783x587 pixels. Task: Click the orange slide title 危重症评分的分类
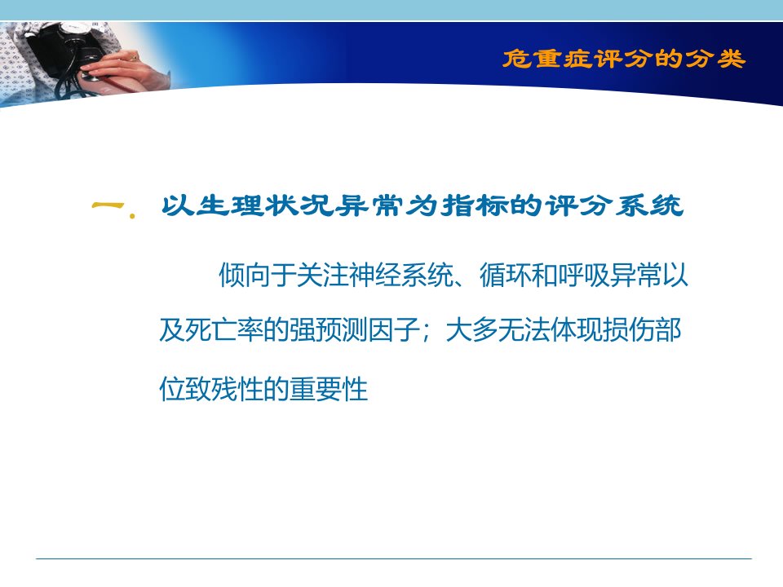tap(624, 59)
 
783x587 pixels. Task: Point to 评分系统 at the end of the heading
tap(613, 205)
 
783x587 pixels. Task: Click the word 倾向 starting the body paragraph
tap(245, 275)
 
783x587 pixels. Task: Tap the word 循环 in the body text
tap(506, 275)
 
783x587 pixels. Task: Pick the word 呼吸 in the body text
tap(583, 275)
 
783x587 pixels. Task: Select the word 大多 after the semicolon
tap(471, 330)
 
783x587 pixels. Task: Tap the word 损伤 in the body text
tap(628, 330)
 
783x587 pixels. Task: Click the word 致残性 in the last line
tap(224, 389)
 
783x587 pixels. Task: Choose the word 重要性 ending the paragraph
tap(329, 389)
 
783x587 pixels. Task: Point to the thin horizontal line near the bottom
tap(393, 558)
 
